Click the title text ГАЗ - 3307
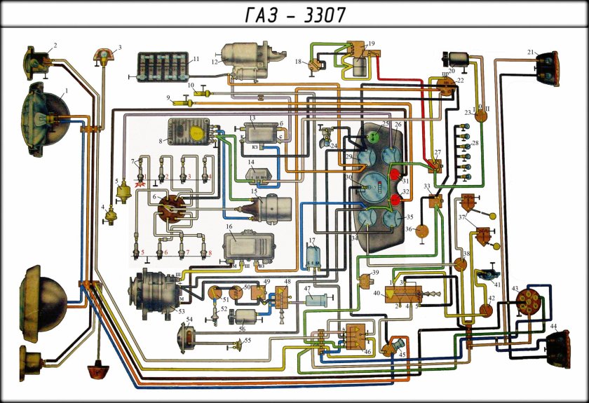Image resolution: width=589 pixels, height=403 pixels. pos(294,13)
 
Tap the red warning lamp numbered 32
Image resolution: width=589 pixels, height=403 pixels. pos(398,200)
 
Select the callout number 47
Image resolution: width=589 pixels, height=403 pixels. pos(307,289)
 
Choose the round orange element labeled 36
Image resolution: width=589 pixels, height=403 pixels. pos(423,231)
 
